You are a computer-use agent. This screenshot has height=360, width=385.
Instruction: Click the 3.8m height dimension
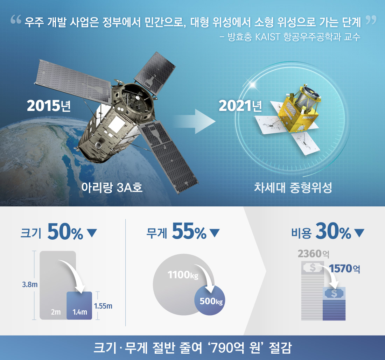coord(30,284)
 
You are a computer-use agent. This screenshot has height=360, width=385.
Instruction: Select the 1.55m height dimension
coord(103,306)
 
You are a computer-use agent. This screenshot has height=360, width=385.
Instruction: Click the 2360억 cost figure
coord(314,253)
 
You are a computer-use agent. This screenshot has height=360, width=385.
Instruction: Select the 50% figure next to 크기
coord(65,232)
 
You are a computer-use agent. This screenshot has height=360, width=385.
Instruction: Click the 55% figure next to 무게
coord(189,232)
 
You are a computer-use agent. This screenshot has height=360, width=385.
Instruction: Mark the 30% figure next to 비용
coord(333,232)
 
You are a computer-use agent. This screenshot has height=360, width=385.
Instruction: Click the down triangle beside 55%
coord(214,233)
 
